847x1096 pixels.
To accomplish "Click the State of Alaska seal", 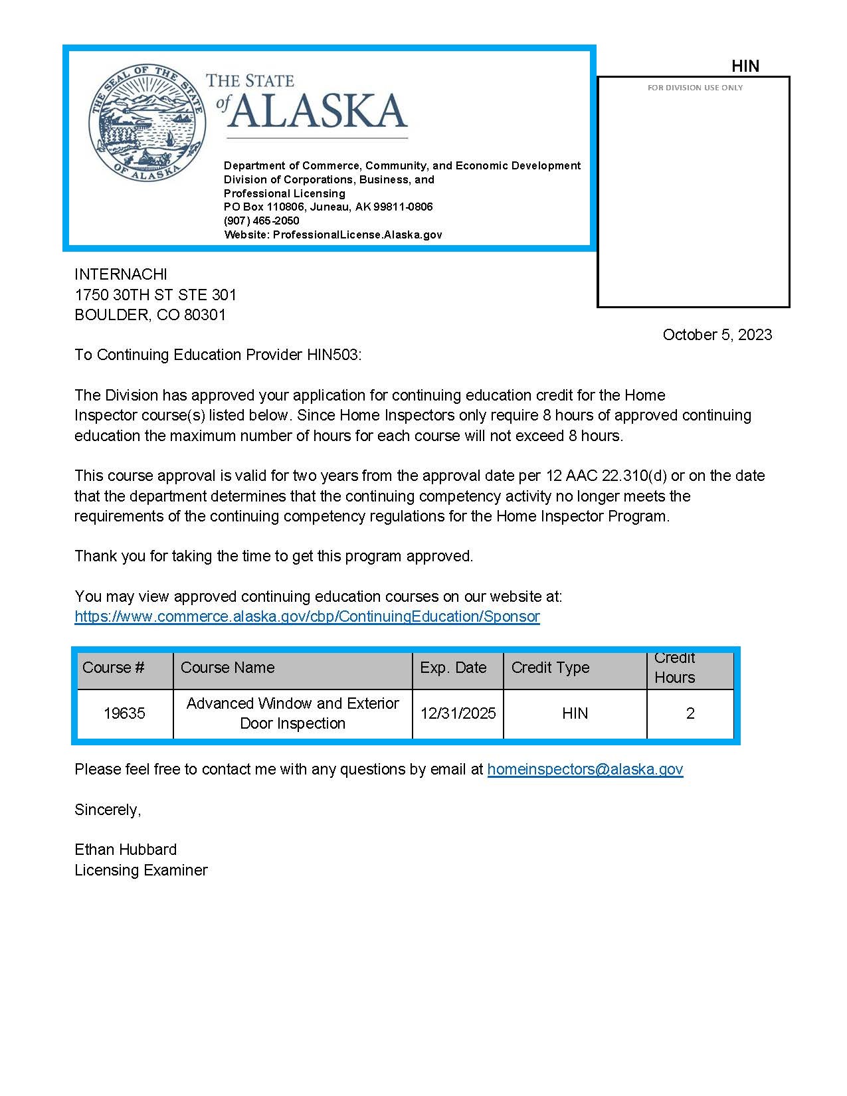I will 146,122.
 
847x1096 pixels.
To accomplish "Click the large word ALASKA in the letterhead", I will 317,110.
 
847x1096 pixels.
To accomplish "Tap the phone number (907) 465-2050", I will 262,221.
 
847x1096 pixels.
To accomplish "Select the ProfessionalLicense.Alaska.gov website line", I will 333,234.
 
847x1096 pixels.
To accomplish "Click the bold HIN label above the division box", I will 745,66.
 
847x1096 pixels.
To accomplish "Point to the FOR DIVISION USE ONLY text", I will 695,88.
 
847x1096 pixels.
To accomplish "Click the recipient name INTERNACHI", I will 121,274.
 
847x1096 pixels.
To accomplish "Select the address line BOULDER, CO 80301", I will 150,315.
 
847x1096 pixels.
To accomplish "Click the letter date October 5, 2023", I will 717,335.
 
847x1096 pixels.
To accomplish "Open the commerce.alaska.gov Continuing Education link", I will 307,616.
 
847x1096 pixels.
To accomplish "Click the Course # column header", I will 113,668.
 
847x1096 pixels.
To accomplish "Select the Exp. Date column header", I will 453,668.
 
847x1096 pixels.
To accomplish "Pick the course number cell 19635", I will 124,713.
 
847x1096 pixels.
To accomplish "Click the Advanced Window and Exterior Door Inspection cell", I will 292,713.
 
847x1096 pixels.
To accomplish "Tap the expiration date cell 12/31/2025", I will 458,713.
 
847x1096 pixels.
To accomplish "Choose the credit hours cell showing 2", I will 690,713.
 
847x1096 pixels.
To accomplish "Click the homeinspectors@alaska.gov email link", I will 585,769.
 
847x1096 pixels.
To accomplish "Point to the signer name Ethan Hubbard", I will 126,850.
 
